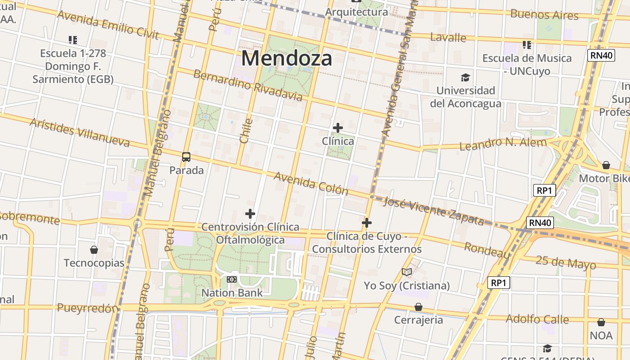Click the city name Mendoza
click(287, 58)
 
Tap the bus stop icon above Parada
click(186, 157)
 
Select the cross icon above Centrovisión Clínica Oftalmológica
click(250, 214)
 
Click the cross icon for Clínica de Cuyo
click(367, 223)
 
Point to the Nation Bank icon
click(232, 279)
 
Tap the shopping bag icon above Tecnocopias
click(94, 250)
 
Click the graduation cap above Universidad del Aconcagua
click(465, 78)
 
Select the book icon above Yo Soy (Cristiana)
click(407, 272)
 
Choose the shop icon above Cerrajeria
click(418, 307)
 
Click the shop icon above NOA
click(601, 322)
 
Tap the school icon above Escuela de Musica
click(527, 45)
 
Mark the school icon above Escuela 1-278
click(73, 40)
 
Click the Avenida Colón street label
click(311, 183)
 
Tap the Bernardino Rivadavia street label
click(248, 85)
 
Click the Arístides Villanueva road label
click(80, 133)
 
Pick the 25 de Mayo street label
click(566, 262)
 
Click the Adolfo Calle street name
click(537, 319)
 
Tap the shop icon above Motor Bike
click(606, 165)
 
